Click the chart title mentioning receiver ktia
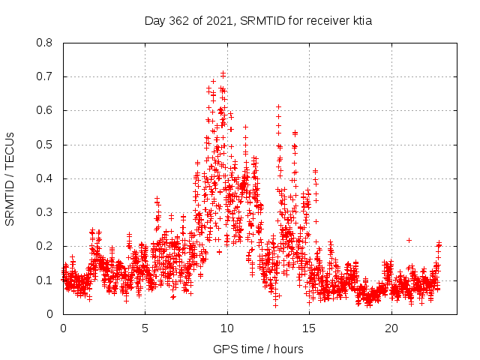point(258,21)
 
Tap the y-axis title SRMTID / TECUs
point(10,178)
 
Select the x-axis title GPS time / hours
point(258,349)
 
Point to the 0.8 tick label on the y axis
point(45,43)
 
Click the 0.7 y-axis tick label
point(45,76)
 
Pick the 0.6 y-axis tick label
point(45,110)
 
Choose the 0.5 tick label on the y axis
point(45,144)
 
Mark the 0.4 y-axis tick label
point(45,178)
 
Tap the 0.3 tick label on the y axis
point(45,212)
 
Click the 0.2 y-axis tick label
point(45,246)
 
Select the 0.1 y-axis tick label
point(45,280)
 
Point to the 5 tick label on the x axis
point(145,328)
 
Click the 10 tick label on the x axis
point(227,328)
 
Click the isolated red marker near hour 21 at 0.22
point(409,240)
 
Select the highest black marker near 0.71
point(223,73)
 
